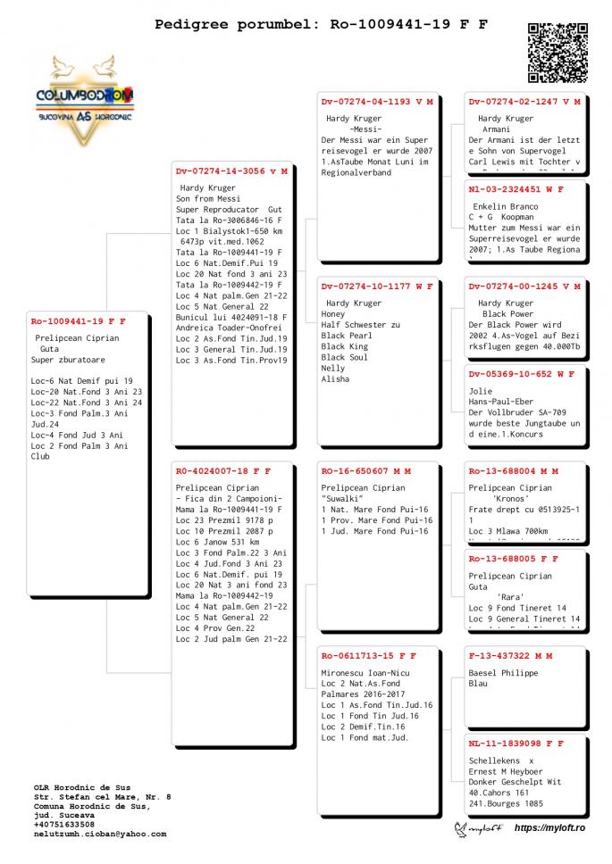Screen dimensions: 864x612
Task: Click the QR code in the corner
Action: (558, 53)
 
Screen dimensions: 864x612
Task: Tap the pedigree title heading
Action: (321, 24)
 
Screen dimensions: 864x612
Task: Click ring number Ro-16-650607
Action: (361, 470)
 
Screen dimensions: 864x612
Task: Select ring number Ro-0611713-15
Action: (365, 656)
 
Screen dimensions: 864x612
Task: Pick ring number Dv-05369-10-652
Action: (516, 374)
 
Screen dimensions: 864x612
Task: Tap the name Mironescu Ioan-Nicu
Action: (365, 672)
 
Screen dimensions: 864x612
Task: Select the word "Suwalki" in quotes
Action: (343, 498)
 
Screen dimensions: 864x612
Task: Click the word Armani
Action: (496, 129)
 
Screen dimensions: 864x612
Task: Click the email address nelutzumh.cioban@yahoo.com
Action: (100, 834)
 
